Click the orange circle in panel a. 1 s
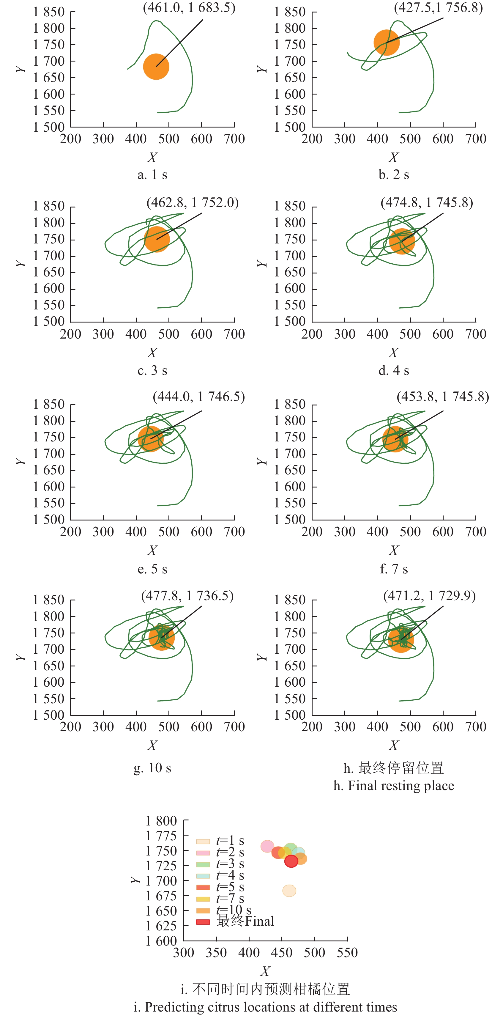(x=156, y=67)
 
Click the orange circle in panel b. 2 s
(x=386, y=43)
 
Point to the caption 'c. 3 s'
(x=152, y=370)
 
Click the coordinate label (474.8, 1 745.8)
(x=427, y=203)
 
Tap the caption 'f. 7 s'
(x=394, y=569)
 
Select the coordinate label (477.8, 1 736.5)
(x=187, y=596)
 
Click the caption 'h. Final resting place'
(x=394, y=786)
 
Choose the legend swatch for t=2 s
(x=203, y=853)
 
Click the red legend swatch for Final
(x=203, y=922)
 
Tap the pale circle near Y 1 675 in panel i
(x=289, y=891)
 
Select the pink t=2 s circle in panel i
(x=267, y=846)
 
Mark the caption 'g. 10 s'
(x=152, y=768)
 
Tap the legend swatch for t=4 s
(x=203, y=876)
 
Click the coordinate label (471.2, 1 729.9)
(x=429, y=596)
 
